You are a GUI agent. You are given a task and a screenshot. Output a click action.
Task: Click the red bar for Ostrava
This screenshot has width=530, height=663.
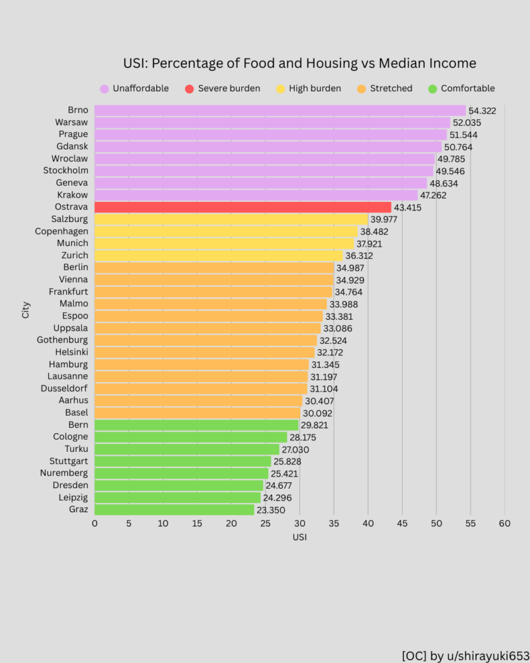pos(243,207)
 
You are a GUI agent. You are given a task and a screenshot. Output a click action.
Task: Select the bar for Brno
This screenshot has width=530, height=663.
pos(280,110)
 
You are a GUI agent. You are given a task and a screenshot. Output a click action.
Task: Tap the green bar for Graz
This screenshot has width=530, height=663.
pos(174,510)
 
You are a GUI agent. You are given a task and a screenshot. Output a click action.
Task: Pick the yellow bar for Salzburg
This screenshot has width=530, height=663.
pos(231,219)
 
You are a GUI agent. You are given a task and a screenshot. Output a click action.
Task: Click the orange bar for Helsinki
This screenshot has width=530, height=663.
pos(204,352)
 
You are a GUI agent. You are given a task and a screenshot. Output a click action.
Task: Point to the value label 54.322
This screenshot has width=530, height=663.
pos(482,111)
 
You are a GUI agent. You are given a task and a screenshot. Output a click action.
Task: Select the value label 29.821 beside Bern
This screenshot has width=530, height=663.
pos(315,425)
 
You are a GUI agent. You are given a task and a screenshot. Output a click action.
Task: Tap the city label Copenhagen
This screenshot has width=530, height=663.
pos(61,231)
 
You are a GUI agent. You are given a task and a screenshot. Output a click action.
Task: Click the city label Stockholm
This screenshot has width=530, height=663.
pos(65,170)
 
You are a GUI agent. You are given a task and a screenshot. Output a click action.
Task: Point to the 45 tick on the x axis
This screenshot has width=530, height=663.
pos(402,523)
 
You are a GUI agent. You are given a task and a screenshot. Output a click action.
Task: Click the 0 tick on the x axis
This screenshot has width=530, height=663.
pos(94,523)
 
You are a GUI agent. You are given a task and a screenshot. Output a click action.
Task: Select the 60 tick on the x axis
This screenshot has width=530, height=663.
pos(504,523)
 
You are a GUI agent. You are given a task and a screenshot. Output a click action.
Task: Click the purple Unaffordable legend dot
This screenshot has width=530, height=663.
pos(104,89)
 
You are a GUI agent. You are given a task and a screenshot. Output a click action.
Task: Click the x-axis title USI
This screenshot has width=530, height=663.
pos(299,537)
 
